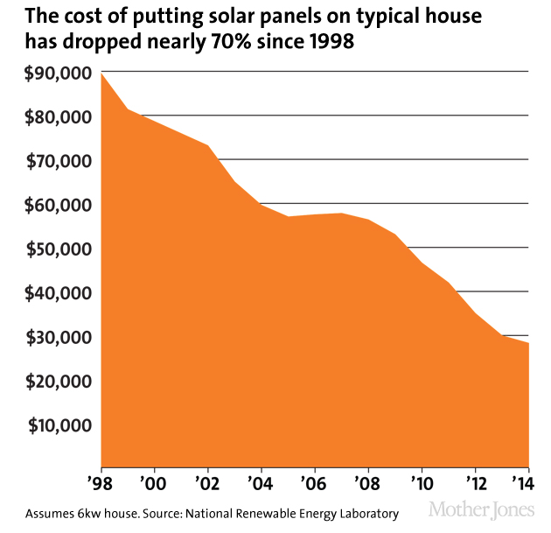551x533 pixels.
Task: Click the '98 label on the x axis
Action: pyautogui.click(x=101, y=483)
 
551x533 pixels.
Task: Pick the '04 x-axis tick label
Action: pyautogui.click(x=262, y=483)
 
